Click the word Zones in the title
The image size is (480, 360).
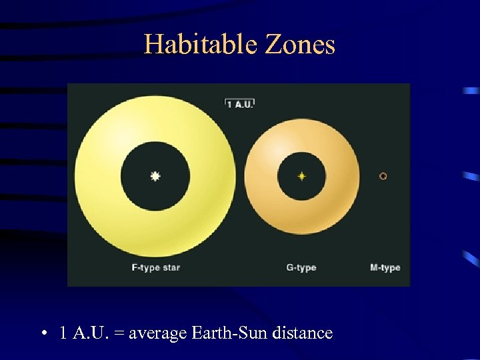tap(300, 45)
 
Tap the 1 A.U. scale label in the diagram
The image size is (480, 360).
tap(240, 103)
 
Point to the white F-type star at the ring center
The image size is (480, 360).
tap(155, 176)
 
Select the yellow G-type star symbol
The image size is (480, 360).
tap(301, 176)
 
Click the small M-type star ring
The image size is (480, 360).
tap(383, 176)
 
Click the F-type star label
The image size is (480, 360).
tap(155, 268)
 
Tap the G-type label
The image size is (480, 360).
tap(301, 268)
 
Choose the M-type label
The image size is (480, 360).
tap(385, 268)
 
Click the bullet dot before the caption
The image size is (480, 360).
tap(43, 333)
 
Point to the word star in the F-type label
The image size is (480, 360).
tap(169, 268)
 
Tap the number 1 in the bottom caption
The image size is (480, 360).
tap(62, 333)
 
